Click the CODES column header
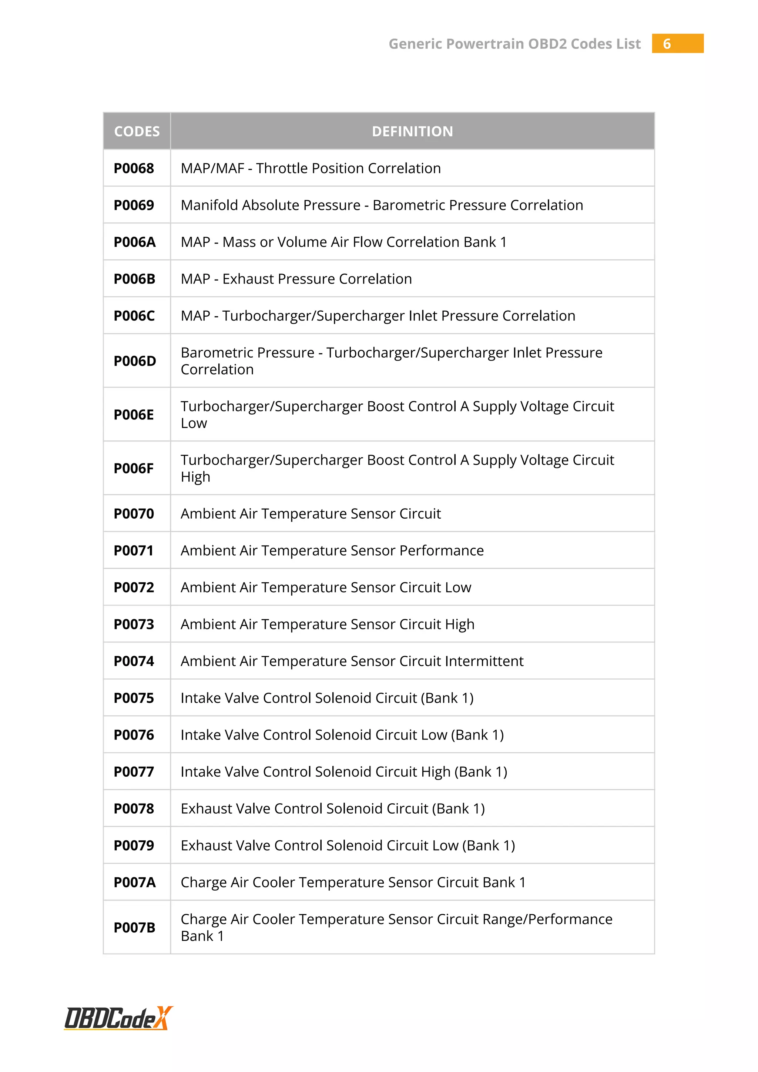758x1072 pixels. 137,131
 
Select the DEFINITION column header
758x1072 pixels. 412,131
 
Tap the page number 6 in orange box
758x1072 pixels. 667,44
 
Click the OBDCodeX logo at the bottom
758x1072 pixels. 118,1018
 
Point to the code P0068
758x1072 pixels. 134,168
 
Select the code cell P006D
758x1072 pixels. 135,361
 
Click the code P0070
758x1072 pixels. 134,513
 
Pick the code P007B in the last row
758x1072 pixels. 134,927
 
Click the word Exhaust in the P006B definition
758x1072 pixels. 249,279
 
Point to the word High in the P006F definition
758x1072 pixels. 195,477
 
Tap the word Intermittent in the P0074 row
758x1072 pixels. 484,661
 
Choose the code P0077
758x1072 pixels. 134,772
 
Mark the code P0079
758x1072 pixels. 134,845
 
